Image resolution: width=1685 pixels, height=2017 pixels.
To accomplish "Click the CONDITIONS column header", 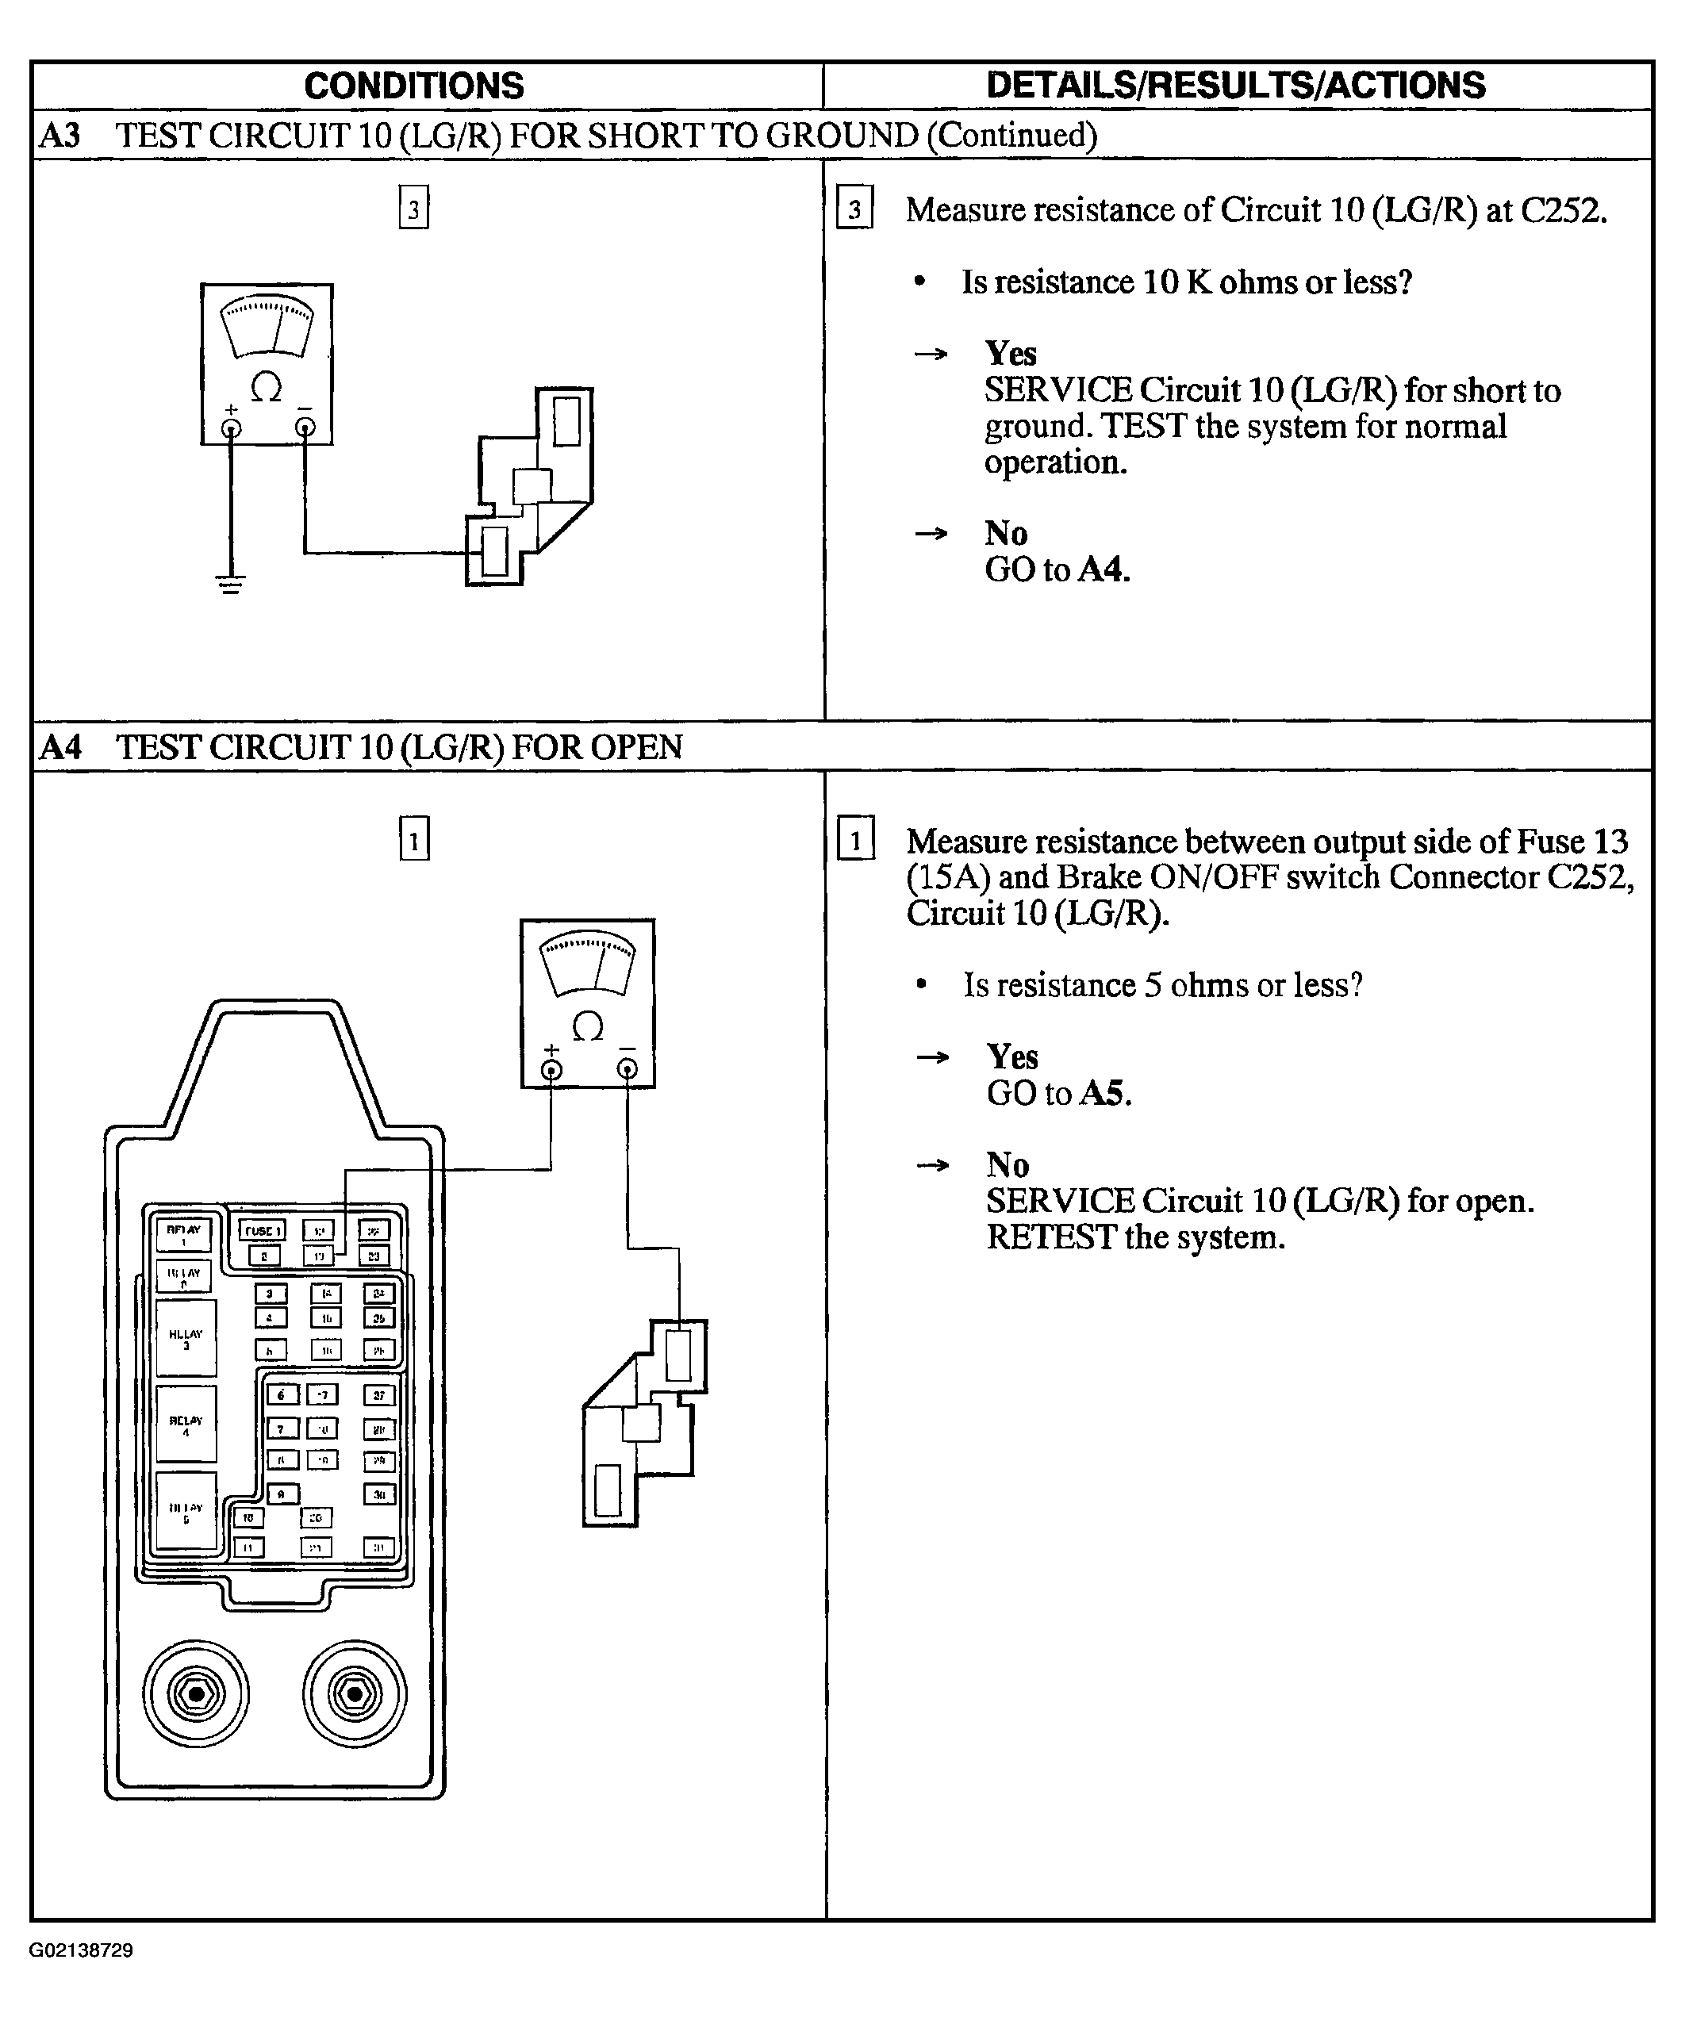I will pos(414,86).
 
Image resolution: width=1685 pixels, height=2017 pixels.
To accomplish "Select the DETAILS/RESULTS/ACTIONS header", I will pos(1235,86).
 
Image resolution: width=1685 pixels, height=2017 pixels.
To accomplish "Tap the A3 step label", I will pos(59,136).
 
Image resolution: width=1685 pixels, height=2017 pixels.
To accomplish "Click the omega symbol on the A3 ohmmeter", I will pos(266,388).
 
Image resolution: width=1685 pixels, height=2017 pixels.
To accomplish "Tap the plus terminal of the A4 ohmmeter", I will pos(551,1070).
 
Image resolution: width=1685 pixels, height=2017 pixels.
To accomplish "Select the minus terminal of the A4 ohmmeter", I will pos(628,1069).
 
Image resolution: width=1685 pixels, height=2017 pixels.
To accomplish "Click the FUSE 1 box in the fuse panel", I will pos(263,1230).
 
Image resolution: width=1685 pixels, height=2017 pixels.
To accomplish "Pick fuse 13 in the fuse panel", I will pos(319,1256).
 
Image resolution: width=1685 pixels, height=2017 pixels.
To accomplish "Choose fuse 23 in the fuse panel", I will pos(374,1256).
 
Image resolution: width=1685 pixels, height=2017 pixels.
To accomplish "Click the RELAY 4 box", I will pos(186,1425).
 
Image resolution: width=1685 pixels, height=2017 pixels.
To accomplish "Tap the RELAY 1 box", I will pos(183,1235).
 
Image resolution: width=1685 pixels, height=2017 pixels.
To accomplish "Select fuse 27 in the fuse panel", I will pos(379,1396).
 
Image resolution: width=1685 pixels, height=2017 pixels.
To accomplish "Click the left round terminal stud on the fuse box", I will pos(196,1694).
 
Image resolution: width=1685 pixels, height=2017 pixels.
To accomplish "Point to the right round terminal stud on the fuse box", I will pos(355,1694).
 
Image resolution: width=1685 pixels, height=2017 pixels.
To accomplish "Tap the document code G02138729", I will pos(81,1950).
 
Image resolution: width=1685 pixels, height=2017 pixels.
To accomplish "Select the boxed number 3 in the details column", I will pos(854,209).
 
